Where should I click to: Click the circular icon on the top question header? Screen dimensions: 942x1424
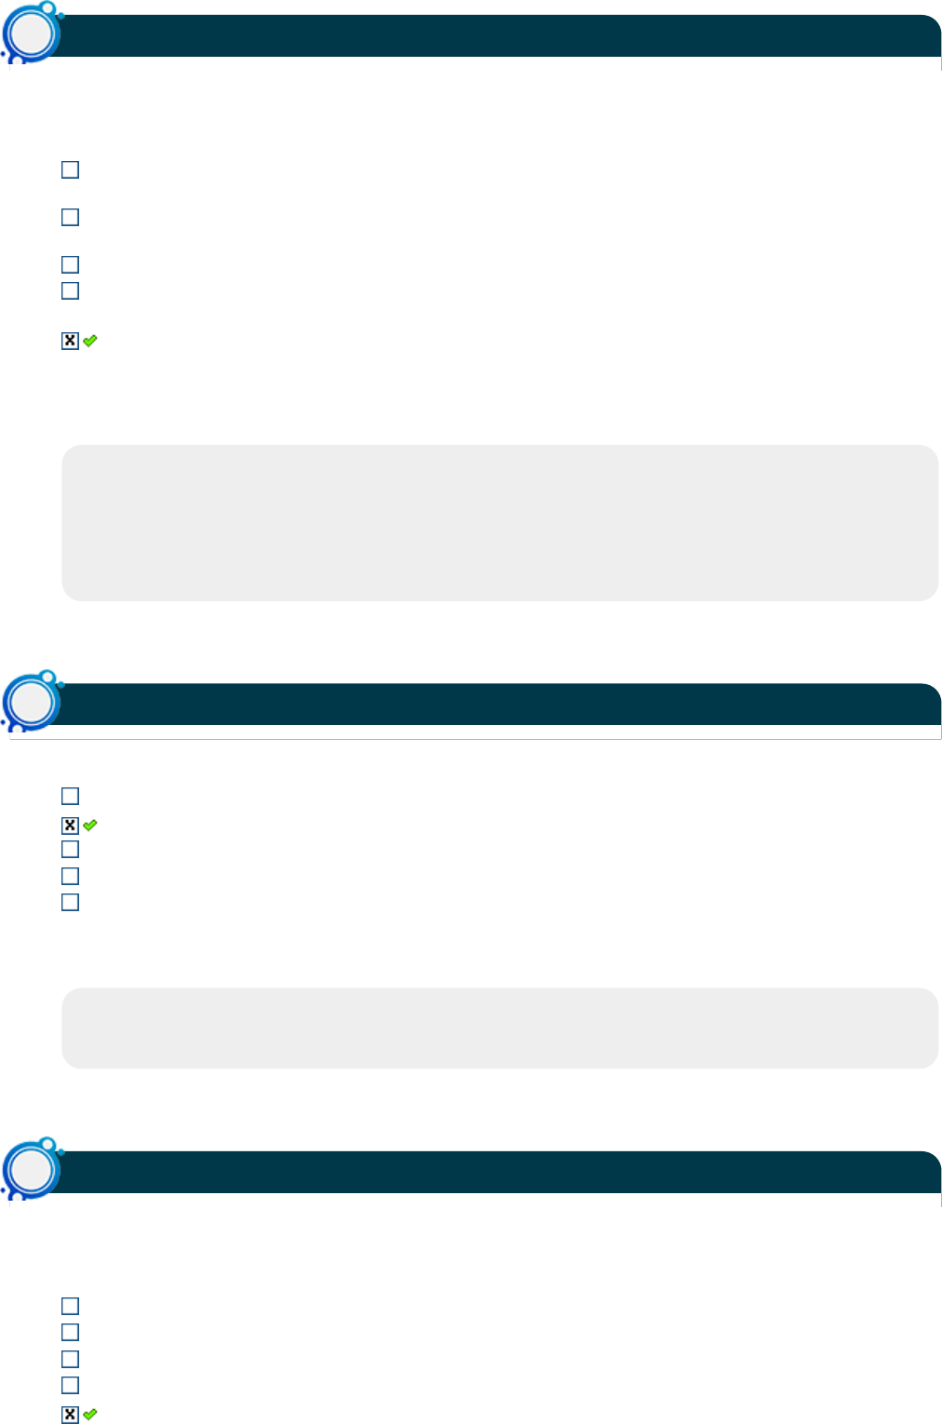33,34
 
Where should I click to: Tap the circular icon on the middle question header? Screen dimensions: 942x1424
33,702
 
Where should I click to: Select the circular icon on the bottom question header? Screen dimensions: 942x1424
33,1169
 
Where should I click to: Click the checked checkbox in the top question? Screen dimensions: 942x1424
70,341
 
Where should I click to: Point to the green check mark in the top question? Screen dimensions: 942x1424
90,341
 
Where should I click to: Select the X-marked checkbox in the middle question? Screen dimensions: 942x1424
70,826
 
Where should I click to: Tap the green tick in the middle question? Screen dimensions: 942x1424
90,826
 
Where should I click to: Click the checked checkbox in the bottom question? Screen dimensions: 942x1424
70,1415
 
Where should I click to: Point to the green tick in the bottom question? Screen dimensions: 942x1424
90,1415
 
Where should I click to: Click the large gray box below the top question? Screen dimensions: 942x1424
500,522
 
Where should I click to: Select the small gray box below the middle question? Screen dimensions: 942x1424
500,1028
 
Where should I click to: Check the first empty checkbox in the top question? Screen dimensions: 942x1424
70,169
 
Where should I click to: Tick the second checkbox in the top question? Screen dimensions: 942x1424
70,217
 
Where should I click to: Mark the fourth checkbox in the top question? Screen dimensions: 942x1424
70,290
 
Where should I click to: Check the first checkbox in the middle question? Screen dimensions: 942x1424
70,796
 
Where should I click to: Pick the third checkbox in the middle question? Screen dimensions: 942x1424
70,849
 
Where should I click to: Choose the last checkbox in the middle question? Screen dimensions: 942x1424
70,902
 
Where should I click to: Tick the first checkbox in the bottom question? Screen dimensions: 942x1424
70,1306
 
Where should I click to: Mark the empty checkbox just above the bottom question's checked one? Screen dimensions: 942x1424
70,1385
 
